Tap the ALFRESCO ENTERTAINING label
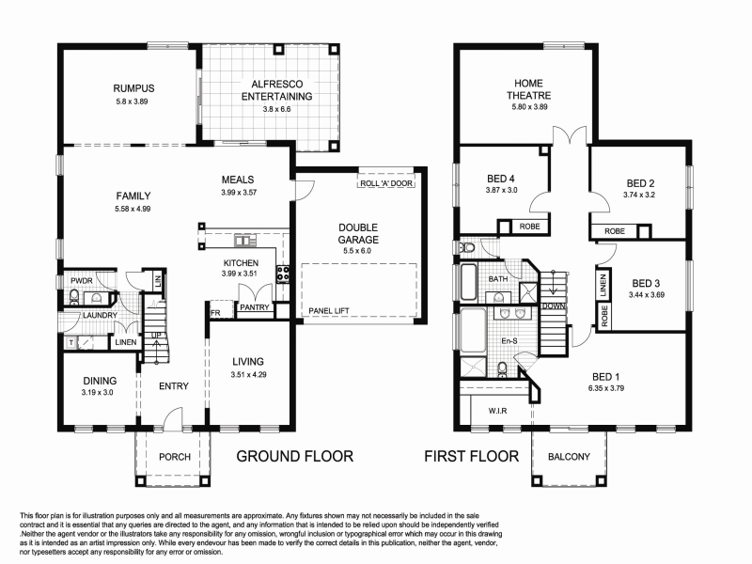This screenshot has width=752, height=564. [x=276, y=89]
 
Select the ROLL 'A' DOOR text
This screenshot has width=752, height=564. [x=385, y=184]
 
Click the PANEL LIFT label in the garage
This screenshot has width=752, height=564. [x=328, y=309]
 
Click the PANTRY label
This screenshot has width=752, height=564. [x=254, y=307]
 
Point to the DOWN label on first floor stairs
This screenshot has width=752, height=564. [x=554, y=305]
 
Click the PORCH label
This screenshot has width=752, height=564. [x=175, y=457]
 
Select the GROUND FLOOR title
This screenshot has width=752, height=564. [x=294, y=457]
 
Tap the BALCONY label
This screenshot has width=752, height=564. [x=567, y=458]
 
